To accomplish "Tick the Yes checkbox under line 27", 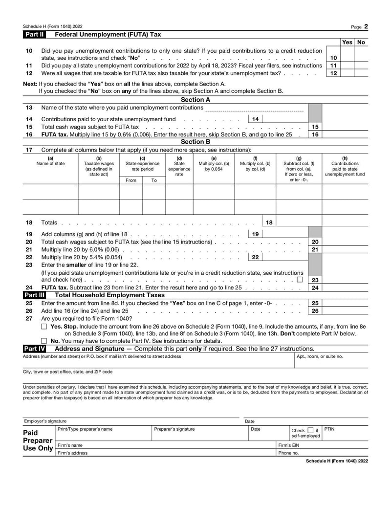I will [44, 326].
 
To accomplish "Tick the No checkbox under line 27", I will [44, 341].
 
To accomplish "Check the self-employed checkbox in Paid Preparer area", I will [311, 430].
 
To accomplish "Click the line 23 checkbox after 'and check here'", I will [299, 280].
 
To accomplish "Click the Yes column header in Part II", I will [347, 43].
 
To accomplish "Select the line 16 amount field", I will [345, 134].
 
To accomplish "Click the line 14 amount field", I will [286, 119].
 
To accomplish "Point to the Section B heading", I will [195, 142].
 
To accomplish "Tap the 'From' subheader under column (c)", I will [131, 180].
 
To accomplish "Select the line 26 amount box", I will [345, 310].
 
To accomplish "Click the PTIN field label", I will [329, 429].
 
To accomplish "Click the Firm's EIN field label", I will [288, 445].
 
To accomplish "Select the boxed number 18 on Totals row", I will [269, 222].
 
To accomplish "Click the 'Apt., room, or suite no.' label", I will [320, 356].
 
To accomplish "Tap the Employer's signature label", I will [45, 421].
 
